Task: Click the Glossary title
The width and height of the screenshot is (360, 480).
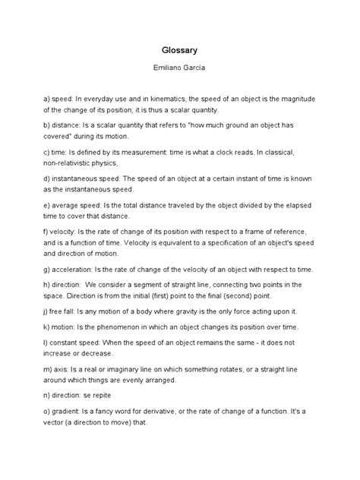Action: coord(179,48)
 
